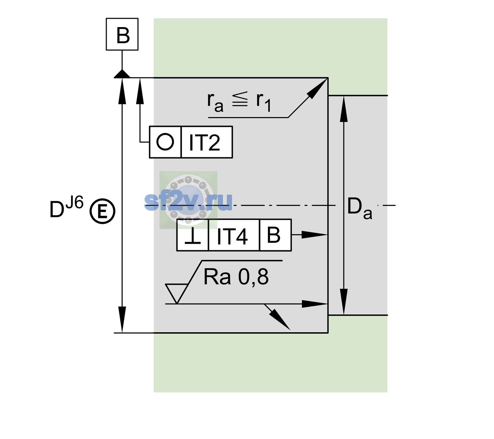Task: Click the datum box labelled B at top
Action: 122,34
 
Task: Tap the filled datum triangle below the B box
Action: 122,74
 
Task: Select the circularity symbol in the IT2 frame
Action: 165,142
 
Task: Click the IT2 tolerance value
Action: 205,143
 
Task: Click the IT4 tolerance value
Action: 232,236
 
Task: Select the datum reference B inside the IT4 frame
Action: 274,235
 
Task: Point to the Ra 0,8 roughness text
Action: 236,277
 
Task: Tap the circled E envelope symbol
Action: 102,211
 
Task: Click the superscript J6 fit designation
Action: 75,203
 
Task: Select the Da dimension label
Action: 359,209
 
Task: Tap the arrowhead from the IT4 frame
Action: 314,235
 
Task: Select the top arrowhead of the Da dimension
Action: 344,109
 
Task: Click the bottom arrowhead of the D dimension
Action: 122,320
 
